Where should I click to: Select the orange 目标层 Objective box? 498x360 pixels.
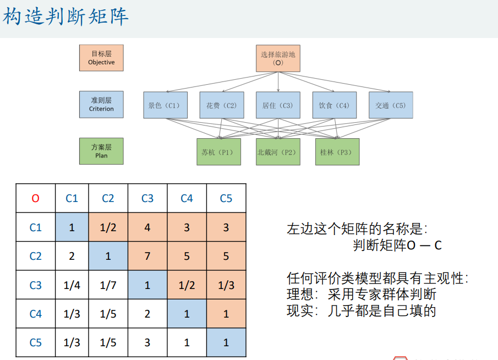point(101,58)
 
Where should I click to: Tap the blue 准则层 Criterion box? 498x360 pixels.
point(101,105)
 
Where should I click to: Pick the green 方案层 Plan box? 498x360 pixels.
point(101,151)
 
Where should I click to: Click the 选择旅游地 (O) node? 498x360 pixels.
point(278,58)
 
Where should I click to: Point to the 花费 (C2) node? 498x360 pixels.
point(221,105)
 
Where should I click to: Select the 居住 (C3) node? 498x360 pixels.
point(278,105)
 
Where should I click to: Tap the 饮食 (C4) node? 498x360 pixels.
point(335,105)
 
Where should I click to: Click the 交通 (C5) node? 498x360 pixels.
point(391,105)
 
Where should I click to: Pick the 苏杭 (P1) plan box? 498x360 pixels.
point(218,152)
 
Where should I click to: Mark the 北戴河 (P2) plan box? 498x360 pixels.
point(278,152)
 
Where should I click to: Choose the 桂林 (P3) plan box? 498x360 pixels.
point(337,152)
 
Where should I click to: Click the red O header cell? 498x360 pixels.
point(35,198)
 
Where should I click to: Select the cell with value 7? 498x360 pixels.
point(147,256)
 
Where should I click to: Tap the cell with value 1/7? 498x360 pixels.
point(108,285)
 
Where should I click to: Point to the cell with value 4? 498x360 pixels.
point(147,227)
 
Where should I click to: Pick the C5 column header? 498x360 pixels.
point(226,198)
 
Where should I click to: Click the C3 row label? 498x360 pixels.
point(35,285)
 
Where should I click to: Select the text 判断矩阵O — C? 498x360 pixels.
point(397,246)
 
